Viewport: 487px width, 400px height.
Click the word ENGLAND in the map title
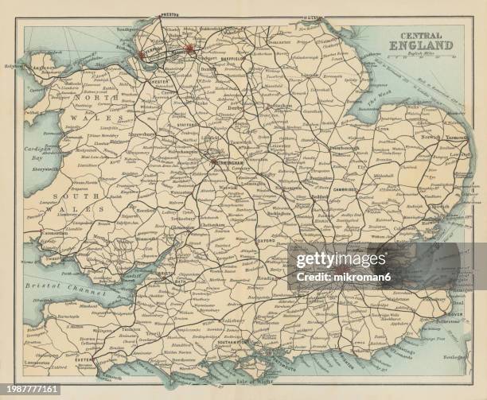tap(421, 45)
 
